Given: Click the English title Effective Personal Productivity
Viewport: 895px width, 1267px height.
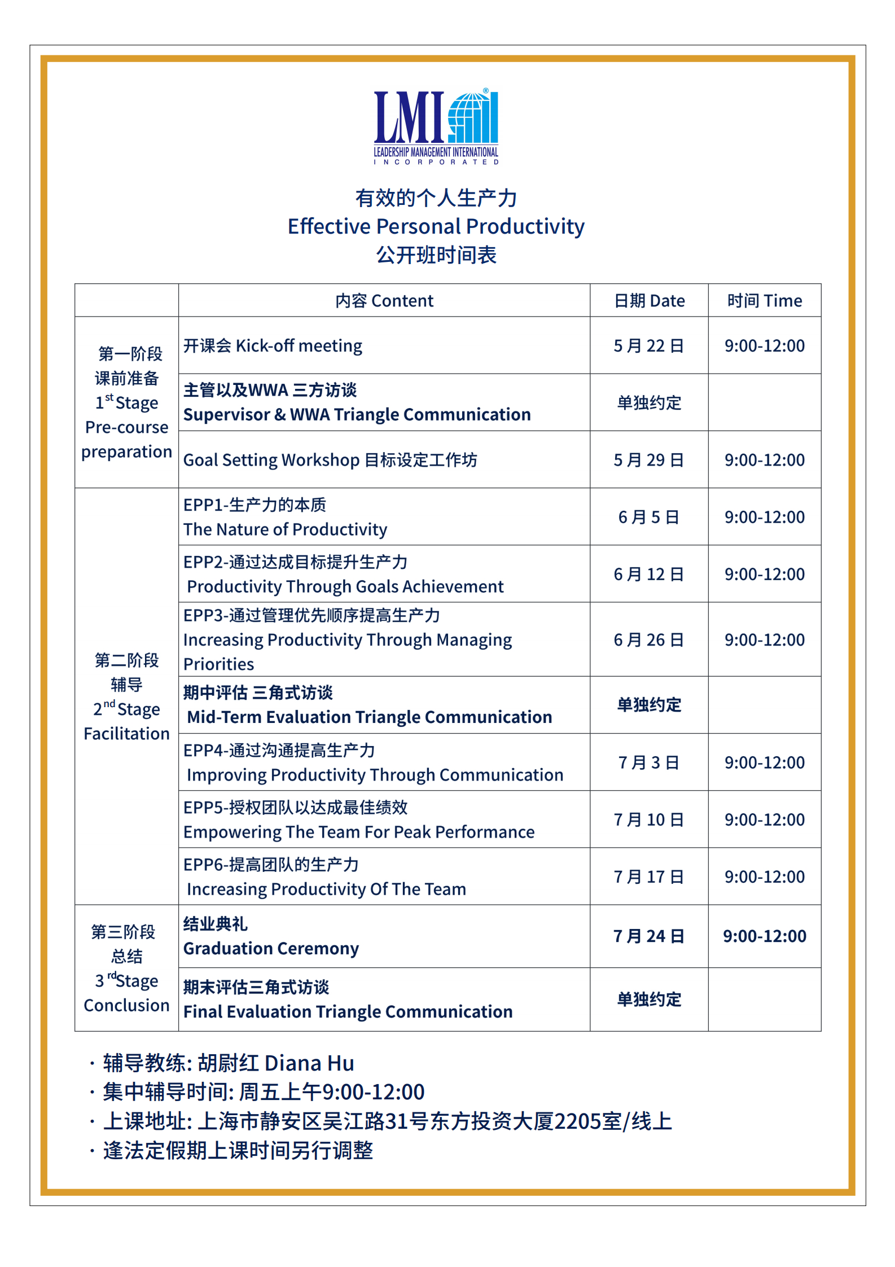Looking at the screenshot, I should click(436, 226).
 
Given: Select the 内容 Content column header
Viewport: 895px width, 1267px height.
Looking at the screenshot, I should click(384, 301).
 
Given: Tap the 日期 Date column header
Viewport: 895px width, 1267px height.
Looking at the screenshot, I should click(649, 301).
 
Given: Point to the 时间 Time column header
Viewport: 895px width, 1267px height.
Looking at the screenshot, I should click(764, 301).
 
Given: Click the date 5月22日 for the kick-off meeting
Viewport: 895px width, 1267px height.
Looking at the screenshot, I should click(649, 345).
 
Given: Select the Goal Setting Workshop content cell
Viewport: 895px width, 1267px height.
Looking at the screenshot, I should click(330, 460).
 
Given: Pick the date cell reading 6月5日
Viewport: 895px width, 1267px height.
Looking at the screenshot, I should click(649, 517).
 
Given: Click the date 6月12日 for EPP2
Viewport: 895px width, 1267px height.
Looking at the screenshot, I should click(649, 574).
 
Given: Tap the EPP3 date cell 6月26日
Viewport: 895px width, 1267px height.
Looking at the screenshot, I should click(649, 639).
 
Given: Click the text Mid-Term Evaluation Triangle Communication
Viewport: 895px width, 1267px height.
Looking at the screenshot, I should click(369, 717).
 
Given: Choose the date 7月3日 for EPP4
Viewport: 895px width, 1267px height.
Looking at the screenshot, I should click(649, 762).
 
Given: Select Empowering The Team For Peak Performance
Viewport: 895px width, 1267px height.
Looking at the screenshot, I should click(359, 832).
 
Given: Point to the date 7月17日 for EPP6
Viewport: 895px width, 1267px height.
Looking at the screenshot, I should click(649, 876).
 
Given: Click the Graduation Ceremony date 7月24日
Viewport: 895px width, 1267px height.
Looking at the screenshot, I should click(649, 936).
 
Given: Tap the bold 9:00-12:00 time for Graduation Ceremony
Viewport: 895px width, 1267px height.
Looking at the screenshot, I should click(764, 936).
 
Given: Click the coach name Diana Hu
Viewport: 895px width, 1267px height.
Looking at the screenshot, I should click(309, 1063).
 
